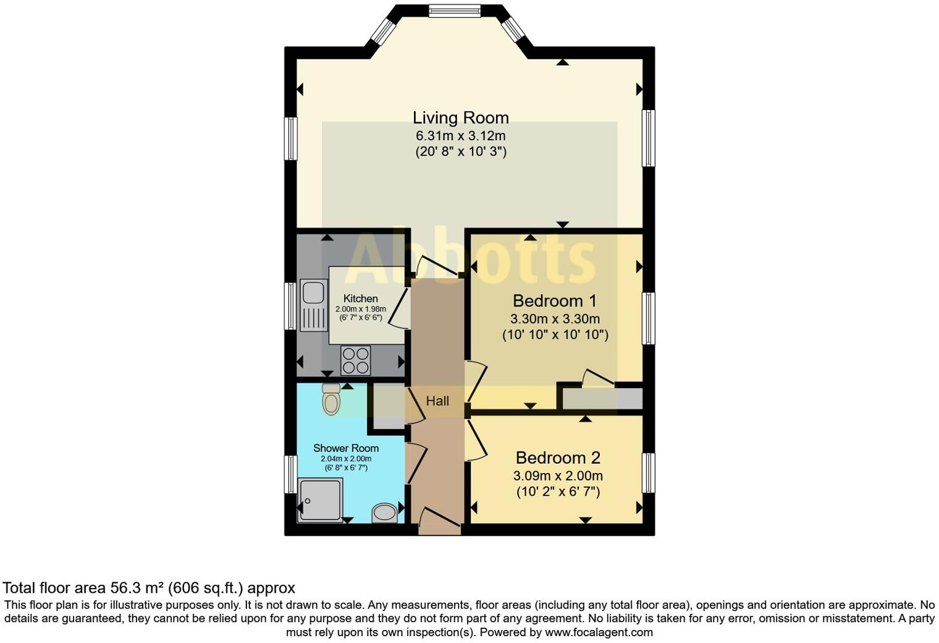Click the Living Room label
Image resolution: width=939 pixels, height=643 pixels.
click(460, 117)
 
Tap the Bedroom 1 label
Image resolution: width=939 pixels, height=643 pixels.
click(554, 301)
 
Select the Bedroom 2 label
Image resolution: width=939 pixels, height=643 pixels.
click(557, 458)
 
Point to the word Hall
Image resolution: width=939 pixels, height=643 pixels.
click(437, 401)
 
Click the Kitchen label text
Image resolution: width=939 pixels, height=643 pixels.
click(360, 299)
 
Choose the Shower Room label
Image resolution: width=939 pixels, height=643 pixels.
click(346, 448)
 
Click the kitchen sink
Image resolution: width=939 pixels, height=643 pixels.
click(314, 305)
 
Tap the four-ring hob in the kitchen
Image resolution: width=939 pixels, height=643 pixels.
click(356, 360)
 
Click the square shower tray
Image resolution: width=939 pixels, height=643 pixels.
click(319, 500)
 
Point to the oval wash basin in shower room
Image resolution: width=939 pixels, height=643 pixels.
click(385, 513)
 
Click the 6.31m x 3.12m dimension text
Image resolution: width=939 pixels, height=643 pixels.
click(460, 135)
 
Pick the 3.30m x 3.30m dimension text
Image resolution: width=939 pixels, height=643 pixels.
click(554, 319)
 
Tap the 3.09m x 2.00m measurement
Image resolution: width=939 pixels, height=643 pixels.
click(557, 476)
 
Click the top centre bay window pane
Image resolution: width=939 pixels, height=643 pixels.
click(454, 11)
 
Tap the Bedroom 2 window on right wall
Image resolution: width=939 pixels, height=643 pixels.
click(648, 473)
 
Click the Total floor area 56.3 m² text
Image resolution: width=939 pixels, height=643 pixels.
click(149, 587)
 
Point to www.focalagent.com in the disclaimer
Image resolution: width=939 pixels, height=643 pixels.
click(598, 632)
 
